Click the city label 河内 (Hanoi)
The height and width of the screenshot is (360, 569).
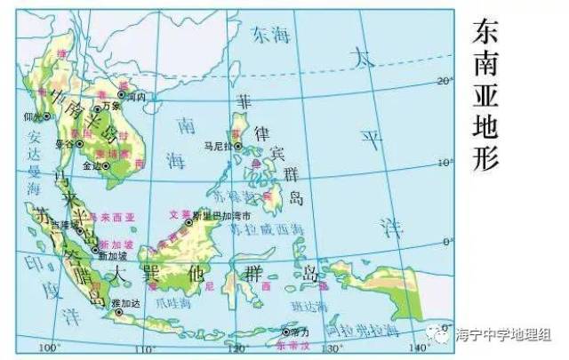pos(137,95)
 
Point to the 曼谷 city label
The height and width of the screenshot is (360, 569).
pos(64,143)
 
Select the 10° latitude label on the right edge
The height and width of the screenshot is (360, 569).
pos(444,162)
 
